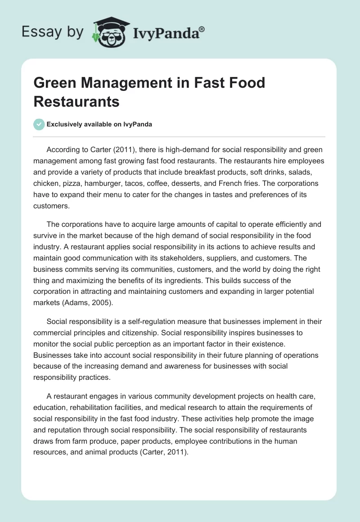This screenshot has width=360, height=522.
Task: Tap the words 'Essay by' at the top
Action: [53, 32]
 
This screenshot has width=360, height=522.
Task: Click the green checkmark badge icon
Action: [39, 124]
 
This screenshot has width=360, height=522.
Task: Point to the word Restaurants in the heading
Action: [76, 102]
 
